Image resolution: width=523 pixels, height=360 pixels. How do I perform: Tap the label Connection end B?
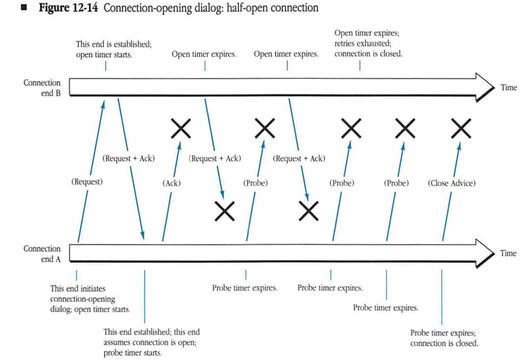point(42,88)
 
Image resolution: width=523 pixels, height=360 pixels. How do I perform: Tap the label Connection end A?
point(42,254)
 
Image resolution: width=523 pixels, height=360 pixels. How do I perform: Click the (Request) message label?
point(86,182)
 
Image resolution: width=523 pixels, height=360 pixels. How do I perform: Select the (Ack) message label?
point(172,182)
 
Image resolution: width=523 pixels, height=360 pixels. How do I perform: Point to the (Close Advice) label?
point(451,183)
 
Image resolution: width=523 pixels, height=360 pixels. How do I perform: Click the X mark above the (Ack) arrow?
point(181,129)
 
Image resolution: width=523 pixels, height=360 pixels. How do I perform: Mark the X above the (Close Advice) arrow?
point(460,129)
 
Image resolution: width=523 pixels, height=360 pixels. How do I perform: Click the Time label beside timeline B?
point(509,88)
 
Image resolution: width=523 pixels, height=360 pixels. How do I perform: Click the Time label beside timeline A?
point(509,253)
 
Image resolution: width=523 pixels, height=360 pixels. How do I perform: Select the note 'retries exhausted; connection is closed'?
point(368,48)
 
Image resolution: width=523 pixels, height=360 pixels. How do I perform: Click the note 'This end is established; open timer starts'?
point(113,50)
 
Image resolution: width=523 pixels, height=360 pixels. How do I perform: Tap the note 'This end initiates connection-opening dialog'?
point(90,298)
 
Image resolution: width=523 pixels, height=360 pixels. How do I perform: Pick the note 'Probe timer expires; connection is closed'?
point(444,338)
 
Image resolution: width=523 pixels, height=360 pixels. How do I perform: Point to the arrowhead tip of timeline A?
point(493,253)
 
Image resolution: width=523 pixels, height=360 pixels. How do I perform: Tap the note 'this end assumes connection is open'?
point(151,342)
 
